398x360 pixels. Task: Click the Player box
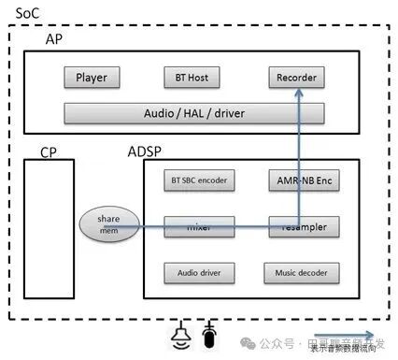pyautogui.click(x=91, y=78)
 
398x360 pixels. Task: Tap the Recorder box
pyautogui.click(x=296, y=78)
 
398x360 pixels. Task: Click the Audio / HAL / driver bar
pyautogui.click(x=193, y=113)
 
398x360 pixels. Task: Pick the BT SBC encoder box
pyautogui.click(x=199, y=179)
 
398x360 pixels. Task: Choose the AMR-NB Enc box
pyautogui.click(x=300, y=179)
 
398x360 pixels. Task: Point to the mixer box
pyautogui.click(x=199, y=226)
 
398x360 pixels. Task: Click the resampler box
pyautogui.click(x=300, y=226)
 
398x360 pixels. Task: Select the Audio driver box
pyautogui.click(x=199, y=273)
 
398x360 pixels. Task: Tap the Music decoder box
pyautogui.click(x=300, y=273)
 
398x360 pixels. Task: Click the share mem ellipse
pyautogui.click(x=109, y=225)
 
